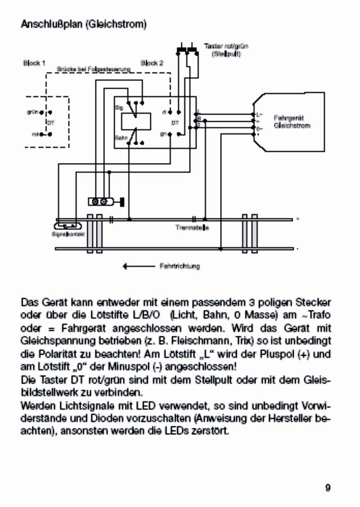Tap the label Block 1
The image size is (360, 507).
[34, 63]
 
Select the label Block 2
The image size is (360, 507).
[152, 63]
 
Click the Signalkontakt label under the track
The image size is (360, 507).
[63, 235]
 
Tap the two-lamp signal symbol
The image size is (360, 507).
[100, 202]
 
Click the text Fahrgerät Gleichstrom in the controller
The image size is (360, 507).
[292, 122]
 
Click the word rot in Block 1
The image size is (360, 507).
[34, 134]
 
